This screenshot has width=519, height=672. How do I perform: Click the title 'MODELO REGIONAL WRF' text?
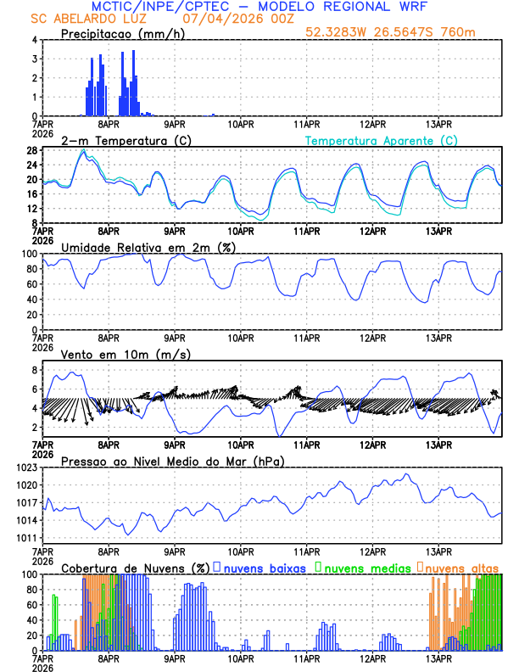point(366,6)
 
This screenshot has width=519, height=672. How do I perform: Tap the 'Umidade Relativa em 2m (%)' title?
point(149,247)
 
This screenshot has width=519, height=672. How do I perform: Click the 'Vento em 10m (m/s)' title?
point(126,354)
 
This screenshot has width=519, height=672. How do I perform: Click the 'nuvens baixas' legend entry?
point(264,568)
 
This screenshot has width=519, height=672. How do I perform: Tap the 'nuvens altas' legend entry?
point(461,568)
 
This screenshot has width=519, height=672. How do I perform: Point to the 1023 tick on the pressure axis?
point(26,468)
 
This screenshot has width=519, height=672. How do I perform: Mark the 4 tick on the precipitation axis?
point(33,40)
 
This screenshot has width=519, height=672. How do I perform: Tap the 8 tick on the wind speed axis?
point(33,370)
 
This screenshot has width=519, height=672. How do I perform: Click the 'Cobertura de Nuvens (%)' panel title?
point(135,568)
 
